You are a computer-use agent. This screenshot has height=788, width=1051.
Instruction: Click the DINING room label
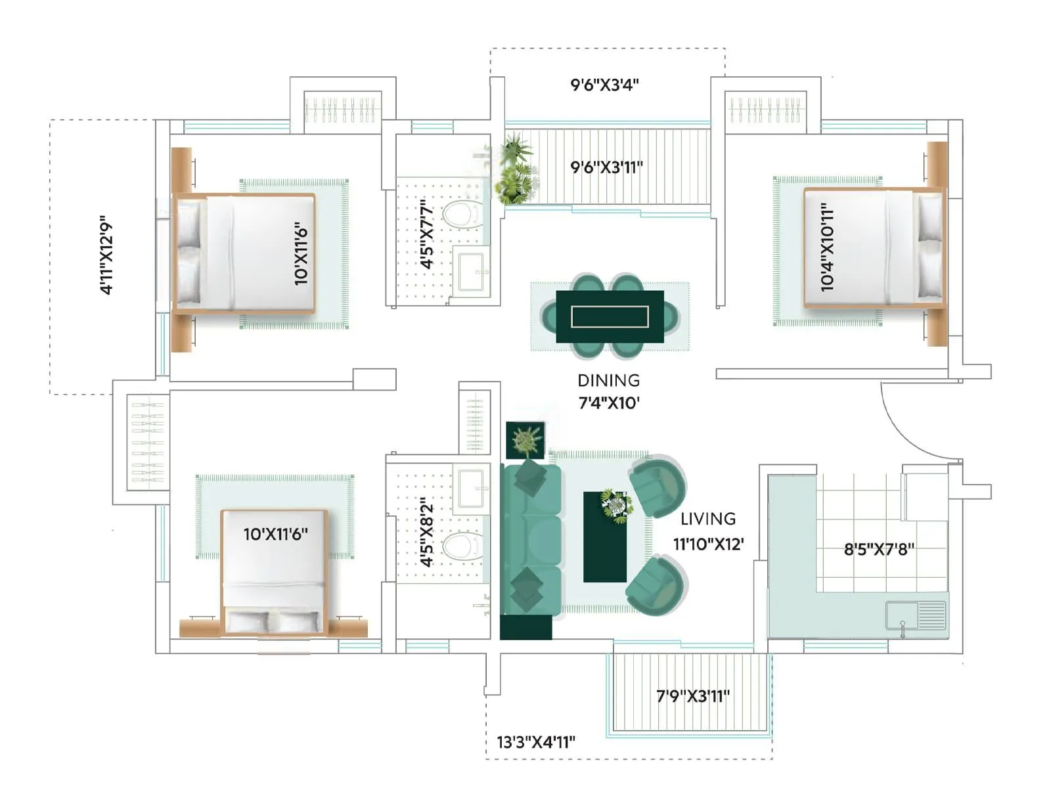(x=608, y=380)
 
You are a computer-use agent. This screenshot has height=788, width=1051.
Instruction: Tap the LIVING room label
(x=707, y=519)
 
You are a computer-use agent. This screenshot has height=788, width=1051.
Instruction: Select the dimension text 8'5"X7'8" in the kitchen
(x=878, y=549)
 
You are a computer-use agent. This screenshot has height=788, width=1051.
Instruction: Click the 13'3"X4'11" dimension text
(x=535, y=742)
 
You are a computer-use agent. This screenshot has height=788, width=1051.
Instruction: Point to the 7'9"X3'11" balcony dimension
(x=692, y=696)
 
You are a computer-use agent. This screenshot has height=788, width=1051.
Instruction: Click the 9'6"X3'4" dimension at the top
(x=604, y=85)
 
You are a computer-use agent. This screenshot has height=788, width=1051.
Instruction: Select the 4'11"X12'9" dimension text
(x=106, y=255)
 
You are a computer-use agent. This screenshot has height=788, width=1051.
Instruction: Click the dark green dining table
(x=610, y=317)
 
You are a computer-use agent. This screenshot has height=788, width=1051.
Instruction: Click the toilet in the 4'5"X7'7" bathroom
(x=462, y=215)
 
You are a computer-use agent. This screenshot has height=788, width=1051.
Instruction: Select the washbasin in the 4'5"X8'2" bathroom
(x=472, y=487)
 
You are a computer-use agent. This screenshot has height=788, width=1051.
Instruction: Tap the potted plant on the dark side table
(x=525, y=440)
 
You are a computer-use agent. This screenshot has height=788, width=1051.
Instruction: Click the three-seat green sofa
(x=532, y=538)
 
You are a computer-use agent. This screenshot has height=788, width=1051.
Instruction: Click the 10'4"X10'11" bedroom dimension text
(x=827, y=247)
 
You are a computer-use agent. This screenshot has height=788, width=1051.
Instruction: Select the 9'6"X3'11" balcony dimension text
(x=606, y=167)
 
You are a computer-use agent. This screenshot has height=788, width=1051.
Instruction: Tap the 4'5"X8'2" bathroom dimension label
(x=427, y=532)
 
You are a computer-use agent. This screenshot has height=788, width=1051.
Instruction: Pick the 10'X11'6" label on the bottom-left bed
(x=275, y=534)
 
